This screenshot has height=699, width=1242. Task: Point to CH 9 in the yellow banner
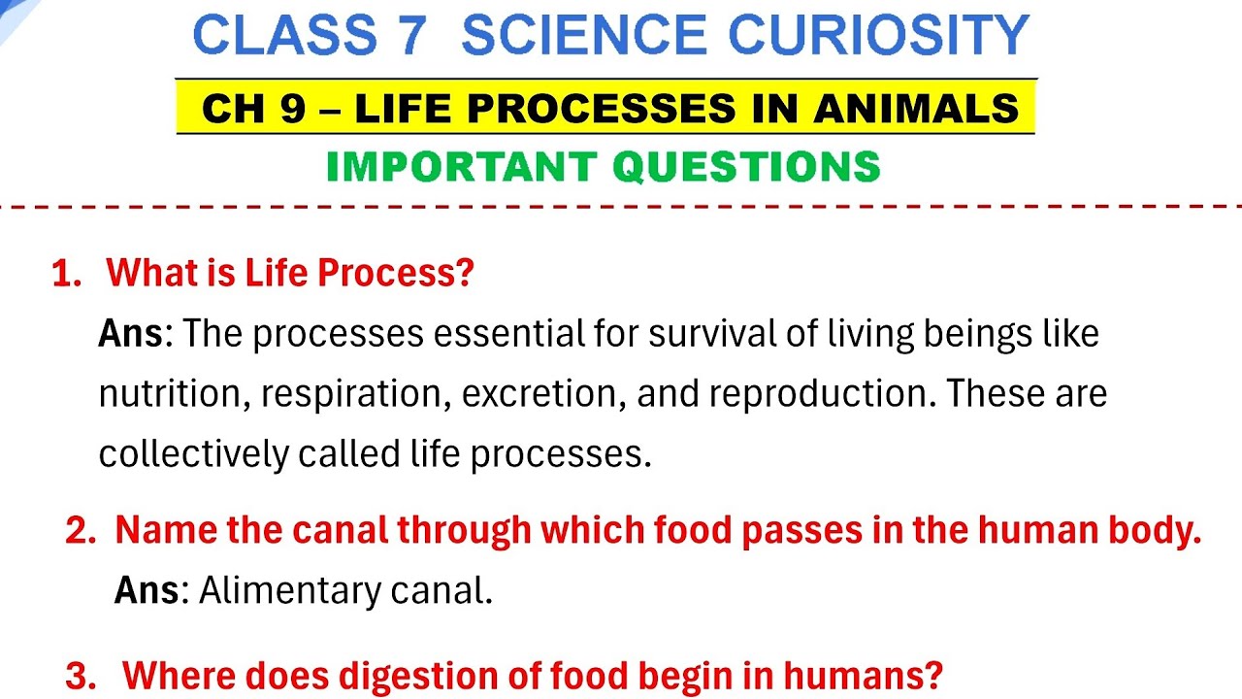pos(253,109)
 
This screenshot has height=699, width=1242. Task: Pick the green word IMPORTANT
pos(461,167)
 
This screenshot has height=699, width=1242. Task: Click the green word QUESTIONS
pos(747,167)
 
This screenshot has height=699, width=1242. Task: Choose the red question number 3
pos(79,676)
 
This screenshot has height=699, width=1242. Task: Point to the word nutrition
pos(171,394)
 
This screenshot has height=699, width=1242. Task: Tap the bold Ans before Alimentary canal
pos(147,590)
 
